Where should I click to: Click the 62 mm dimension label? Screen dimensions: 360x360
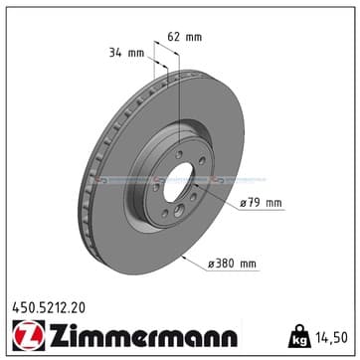pos(184,37)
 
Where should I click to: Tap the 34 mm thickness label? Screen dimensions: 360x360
pos(127,53)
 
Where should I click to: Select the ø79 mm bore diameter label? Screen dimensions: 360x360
pos(261,203)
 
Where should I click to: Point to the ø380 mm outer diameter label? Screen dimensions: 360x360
pos(232,264)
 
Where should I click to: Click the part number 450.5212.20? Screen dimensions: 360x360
pos(49,308)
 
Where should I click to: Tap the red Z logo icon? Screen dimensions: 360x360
pos(29,336)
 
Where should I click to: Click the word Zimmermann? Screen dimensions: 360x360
pos(143,335)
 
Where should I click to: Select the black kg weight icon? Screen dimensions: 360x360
pos(299,336)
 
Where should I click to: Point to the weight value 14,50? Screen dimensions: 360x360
pos(331,338)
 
